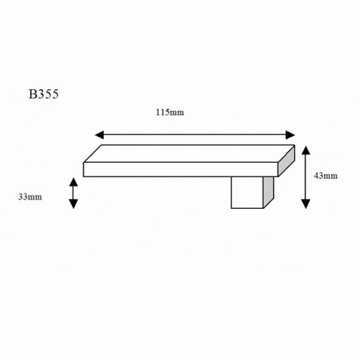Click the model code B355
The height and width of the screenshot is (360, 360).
pyautogui.click(x=44, y=94)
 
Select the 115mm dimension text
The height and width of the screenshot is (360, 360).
pyautogui.click(x=169, y=112)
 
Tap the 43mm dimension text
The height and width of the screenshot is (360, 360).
pyautogui.click(x=325, y=176)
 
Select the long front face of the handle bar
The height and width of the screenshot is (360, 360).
pyautogui.click(x=180, y=169)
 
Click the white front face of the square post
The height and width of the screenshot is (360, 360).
pyautogui.click(x=247, y=192)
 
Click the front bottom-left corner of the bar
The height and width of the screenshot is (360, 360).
pyautogui.click(x=84, y=177)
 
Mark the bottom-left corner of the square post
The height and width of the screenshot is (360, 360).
pyautogui.click(x=232, y=208)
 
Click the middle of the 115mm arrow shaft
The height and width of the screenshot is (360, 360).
pyautogui.click(x=195, y=135)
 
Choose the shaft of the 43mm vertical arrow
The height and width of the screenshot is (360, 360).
pyautogui.click(x=305, y=177)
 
